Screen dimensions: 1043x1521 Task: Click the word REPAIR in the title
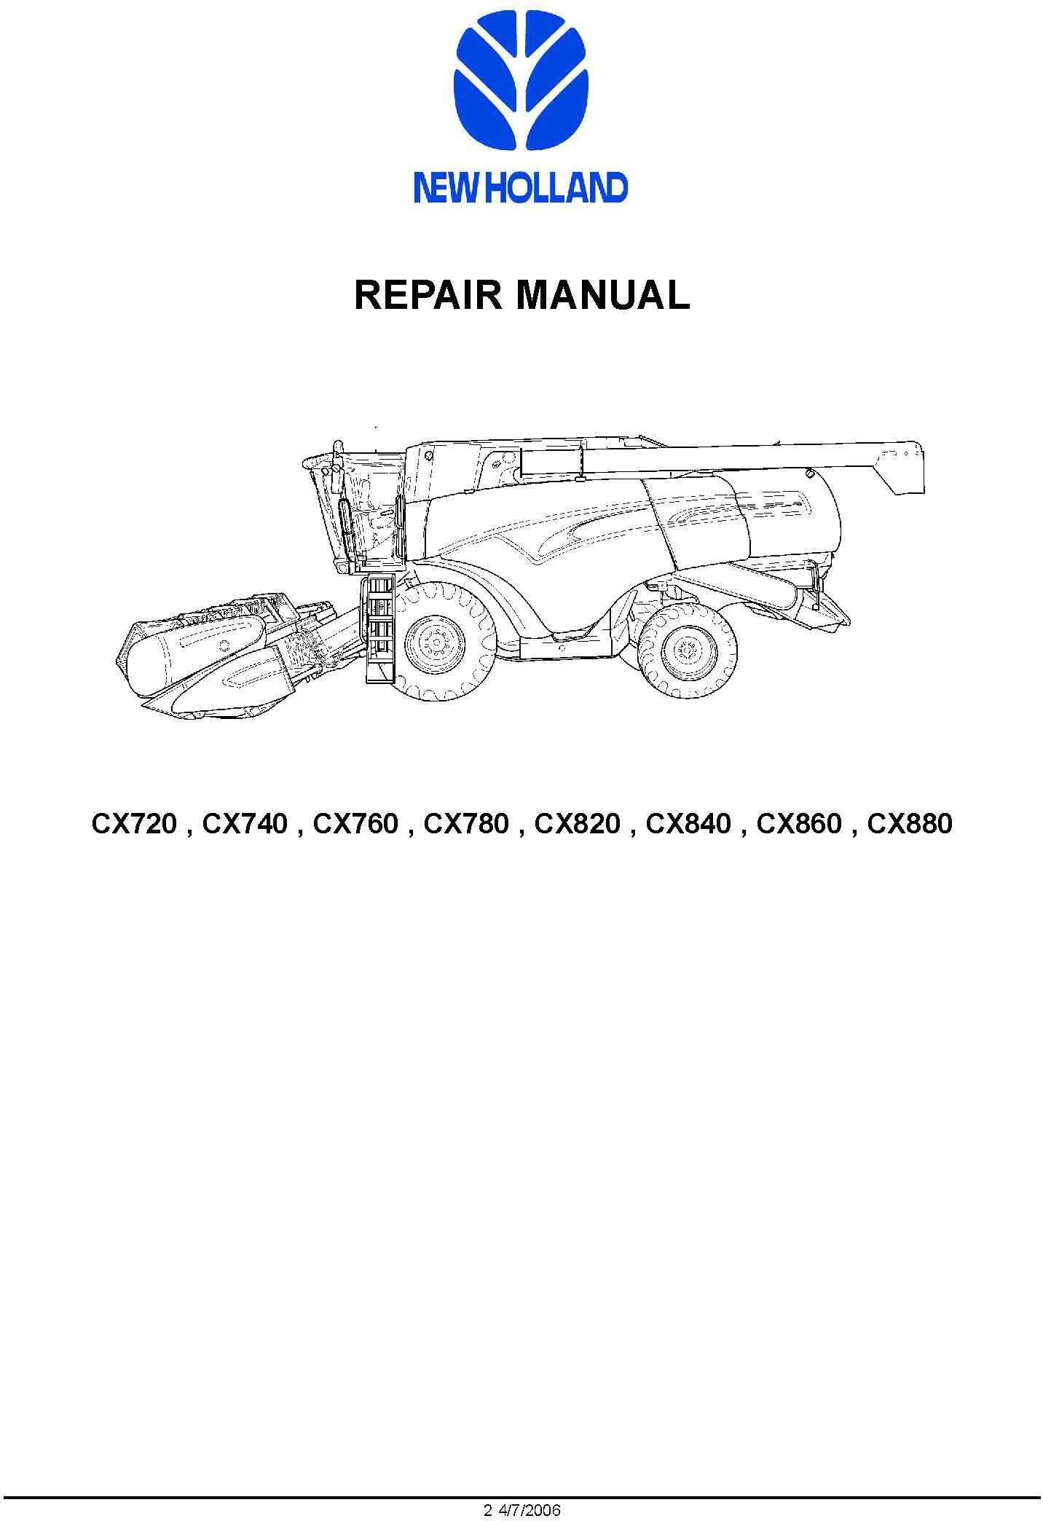click(428, 295)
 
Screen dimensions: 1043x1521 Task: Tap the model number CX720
click(134, 824)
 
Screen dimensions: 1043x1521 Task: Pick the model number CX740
click(245, 824)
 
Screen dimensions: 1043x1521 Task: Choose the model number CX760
click(355, 824)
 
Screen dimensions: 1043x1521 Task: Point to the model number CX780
click(466, 824)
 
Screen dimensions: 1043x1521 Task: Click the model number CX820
click(578, 824)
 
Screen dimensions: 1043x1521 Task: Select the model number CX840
click(688, 824)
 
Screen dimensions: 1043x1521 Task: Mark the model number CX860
click(799, 824)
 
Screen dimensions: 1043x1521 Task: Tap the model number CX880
click(910, 824)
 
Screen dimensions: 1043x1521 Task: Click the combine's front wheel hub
click(434, 642)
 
